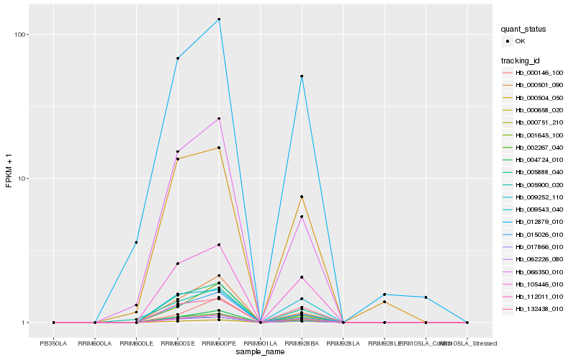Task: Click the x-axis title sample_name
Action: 260,352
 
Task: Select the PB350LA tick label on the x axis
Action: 53,343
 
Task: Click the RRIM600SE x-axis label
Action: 177,343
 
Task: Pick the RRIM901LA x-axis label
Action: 260,343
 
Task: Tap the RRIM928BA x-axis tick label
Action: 302,343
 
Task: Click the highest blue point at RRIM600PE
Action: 219,19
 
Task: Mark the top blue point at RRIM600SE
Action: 177,58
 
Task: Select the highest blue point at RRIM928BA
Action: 302,76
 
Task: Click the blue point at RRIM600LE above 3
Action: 136,243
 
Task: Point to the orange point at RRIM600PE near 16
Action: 219,148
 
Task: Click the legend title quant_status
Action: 523,29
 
